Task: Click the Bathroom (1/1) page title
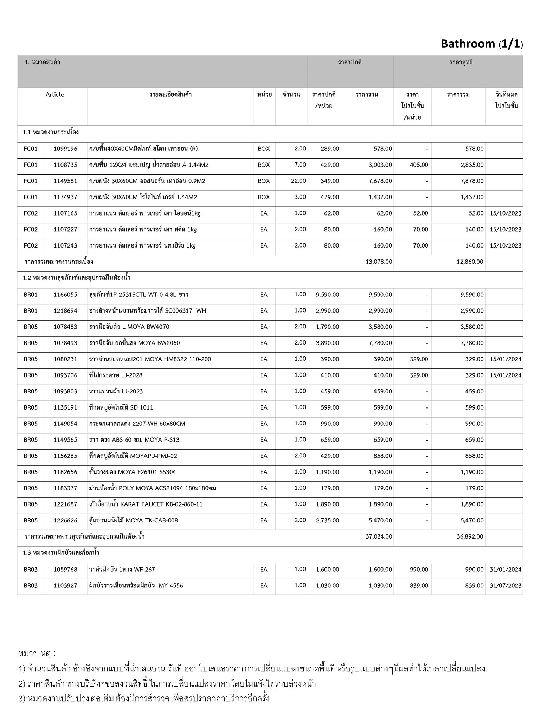tap(482, 44)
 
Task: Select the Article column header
tap(55, 95)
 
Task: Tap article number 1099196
tap(65, 149)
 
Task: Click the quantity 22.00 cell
tap(298, 181)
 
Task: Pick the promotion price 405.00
tap(419, 165)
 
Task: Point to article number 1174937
tap(65, 197)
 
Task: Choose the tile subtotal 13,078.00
tap(379, 262)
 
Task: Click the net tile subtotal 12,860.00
tap(470, 262)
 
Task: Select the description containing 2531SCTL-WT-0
tap(139, 295)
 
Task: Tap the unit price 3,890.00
tap(327, 343)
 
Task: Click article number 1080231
tap(65, 359)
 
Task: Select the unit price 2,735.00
tap(327, 521)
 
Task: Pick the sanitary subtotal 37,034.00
tap(379, 537)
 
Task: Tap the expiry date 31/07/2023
tap(505, 586)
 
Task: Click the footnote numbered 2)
tap(167, 684)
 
